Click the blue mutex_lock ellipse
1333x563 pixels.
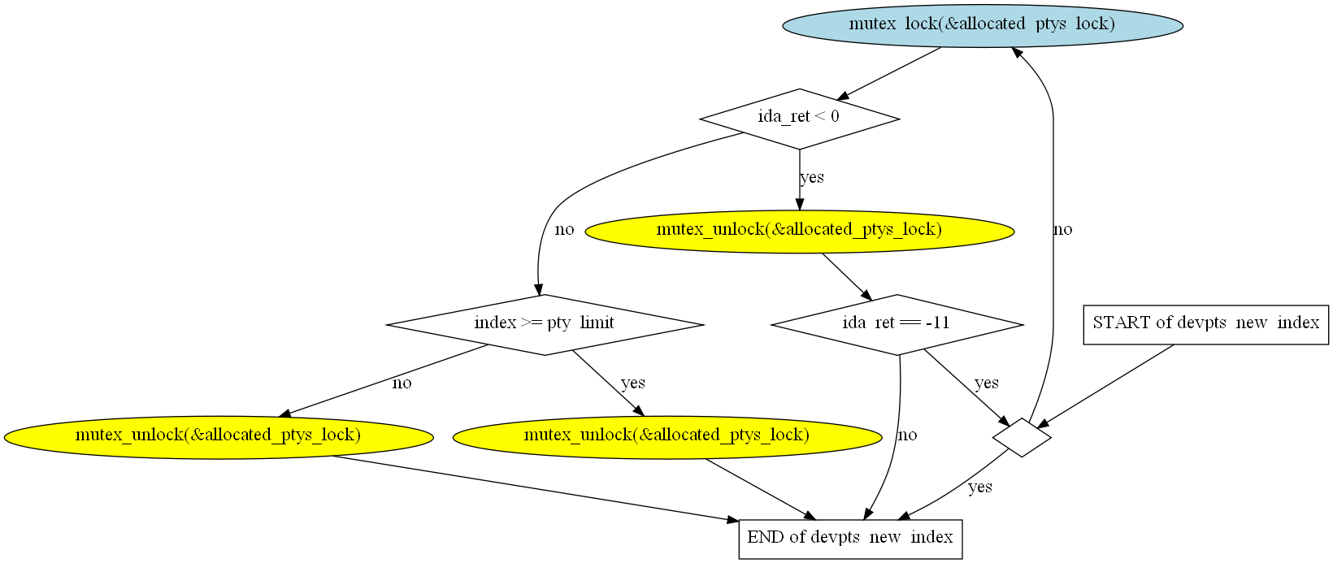(x=982, y=25)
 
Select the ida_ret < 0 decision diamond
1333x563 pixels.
(x=799, y=119)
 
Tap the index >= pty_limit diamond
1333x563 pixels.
(x=545, y=324)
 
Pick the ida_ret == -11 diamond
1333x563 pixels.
(x=897, y=324)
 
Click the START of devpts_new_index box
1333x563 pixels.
(x=1205, y=324)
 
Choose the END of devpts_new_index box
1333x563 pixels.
(x=850, y=539)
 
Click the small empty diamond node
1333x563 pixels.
(x=1022, y=437)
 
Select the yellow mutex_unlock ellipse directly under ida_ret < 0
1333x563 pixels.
(x=799, y=231)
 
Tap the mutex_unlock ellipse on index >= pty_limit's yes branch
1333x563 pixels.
(x=666, y=436)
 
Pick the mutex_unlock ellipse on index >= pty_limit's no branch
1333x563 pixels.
(x=218, y=436)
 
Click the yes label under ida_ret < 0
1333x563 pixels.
(x=811, y=178)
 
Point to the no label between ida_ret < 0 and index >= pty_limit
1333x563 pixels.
(x=564, y=230)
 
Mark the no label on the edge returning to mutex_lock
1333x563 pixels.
(x=1063, y=230)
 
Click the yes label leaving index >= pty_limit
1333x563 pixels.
(x=632, y=383)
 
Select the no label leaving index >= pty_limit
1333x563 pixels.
(x=402, y=383)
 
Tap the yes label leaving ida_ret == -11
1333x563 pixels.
(x=986, y=383)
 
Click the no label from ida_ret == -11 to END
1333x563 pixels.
(x=907, y=435)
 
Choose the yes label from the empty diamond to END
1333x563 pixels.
(x=979, y=487)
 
